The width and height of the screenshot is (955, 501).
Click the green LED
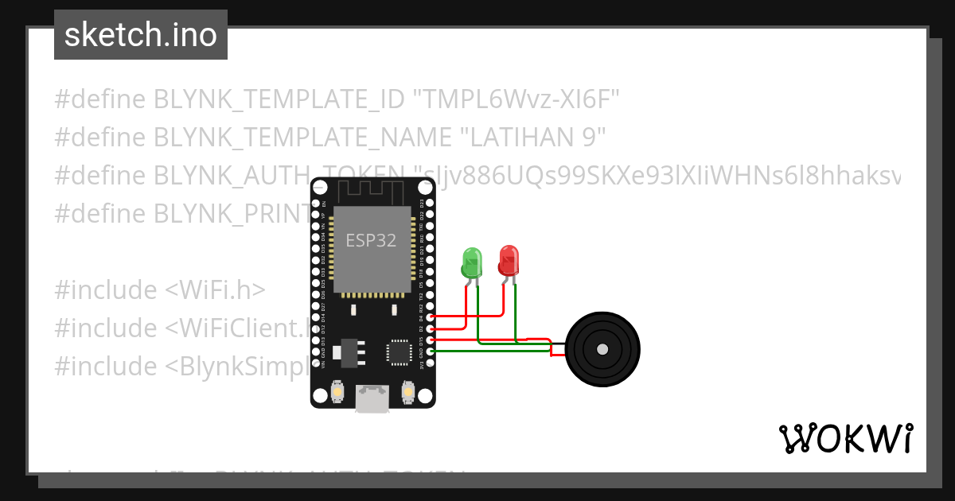click(472, 262)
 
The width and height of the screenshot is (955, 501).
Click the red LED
click(509, 260)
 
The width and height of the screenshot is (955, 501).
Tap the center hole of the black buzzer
click(602, 349)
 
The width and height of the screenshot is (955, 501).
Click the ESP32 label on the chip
click(371, 240)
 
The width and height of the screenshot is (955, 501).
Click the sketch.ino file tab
click(141, 35)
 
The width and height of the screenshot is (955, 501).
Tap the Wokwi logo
click(845, 438)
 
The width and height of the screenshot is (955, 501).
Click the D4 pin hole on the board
click(431, 317)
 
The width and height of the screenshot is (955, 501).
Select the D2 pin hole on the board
click(431, 328)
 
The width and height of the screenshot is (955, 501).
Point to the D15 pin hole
click(431, 340)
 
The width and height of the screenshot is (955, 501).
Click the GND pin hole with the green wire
click(431, 351)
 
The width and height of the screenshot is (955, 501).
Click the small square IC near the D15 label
click(396, 351)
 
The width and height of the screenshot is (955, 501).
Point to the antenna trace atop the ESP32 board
click(372, 192)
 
